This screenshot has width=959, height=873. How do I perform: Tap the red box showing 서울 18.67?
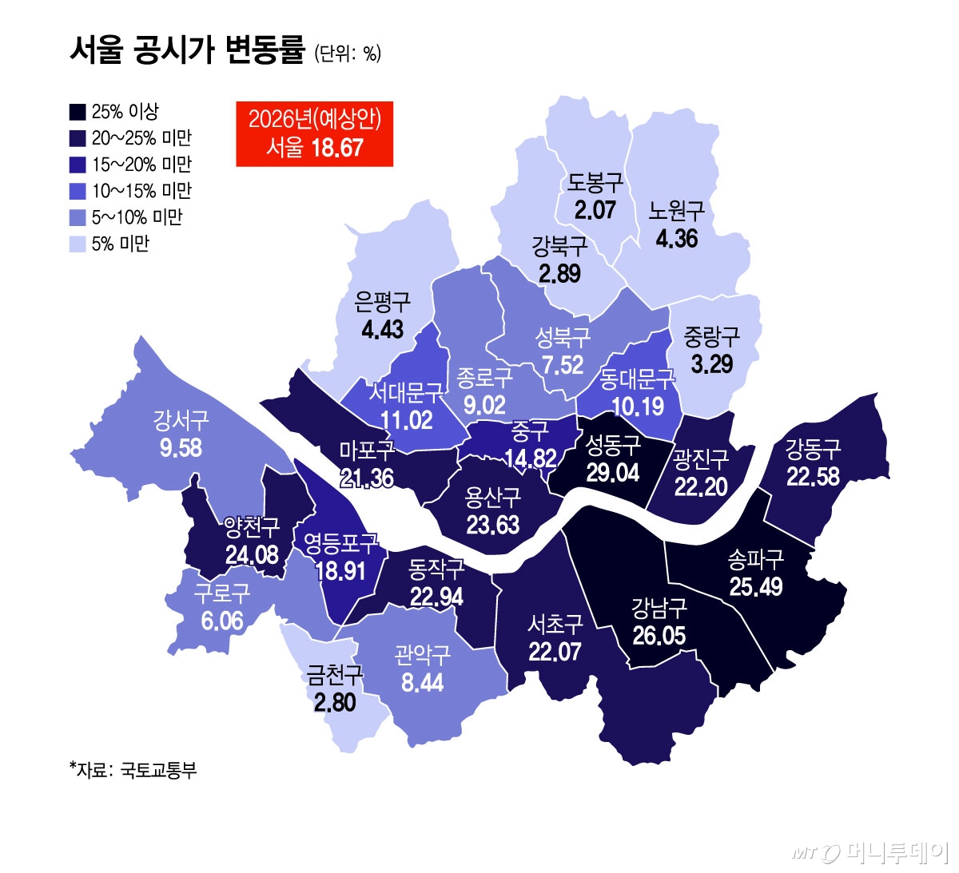pos(314,133)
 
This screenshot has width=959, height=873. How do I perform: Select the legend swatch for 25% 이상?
pos(78,112)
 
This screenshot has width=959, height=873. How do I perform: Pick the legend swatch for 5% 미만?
pos(78,244)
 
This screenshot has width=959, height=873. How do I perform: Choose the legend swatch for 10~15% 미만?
pos(78,191)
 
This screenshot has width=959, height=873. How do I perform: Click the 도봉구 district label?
pos(595,183)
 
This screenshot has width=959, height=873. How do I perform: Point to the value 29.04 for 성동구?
pos(612,472)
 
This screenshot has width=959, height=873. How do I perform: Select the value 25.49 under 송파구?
pos(755,587)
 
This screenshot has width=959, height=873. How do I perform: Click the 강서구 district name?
pos(181,420)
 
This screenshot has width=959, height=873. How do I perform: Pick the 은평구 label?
pos(382,302)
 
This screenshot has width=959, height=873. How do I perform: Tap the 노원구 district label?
pos(676,212)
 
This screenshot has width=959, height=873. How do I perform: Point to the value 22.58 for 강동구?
pos(813,476)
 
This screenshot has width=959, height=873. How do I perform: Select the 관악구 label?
pos(422,655)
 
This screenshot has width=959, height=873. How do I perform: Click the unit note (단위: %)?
pos(348,54)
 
